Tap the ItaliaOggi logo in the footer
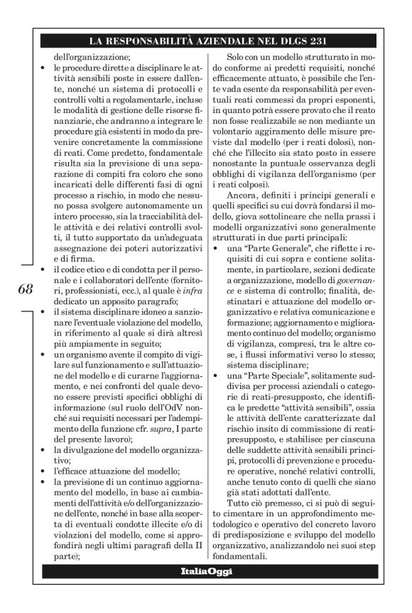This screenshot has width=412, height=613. [x=206, y=572]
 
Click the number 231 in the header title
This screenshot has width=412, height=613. [x=315, y=41]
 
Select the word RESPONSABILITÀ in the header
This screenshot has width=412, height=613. [x=156, y=41]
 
